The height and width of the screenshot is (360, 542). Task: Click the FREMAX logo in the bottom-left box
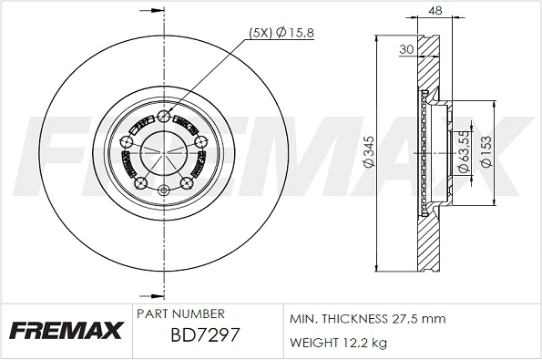click(66, 331)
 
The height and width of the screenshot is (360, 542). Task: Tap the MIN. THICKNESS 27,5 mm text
click(367, 320)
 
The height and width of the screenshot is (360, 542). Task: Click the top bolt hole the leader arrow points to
click(164, 115)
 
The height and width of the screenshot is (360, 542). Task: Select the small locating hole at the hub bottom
click(164, 190)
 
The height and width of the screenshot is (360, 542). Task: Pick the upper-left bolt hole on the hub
click(128, 140)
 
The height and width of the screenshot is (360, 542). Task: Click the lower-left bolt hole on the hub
click(141, 183)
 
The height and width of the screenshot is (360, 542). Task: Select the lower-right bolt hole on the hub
click(187, 183)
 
